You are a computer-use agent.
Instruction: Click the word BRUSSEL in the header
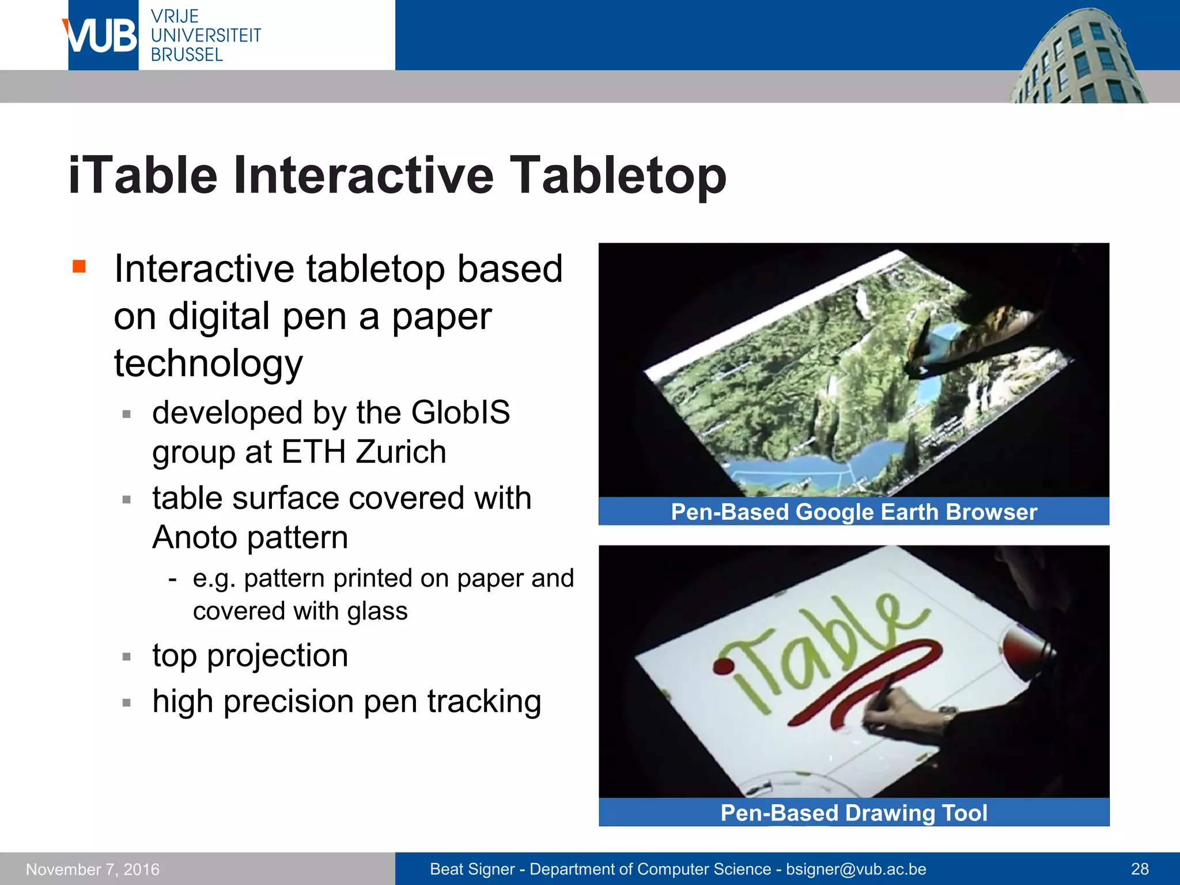point(187,55)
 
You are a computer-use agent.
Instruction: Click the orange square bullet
point(79,266)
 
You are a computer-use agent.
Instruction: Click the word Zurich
point(401,452)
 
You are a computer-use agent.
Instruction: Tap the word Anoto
point(194,537)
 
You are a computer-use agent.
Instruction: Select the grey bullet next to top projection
point(127,656)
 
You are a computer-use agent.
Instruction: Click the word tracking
point(484,701)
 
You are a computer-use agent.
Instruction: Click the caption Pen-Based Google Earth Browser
point(853,512)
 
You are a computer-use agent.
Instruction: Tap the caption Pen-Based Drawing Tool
point(853,813)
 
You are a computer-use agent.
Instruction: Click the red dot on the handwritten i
point(721,667)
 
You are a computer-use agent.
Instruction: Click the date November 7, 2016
point(93,869)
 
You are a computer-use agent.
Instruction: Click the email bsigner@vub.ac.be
point(856,869)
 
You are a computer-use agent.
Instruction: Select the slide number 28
point(1140,869)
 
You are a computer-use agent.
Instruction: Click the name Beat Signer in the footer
point(472,869)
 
